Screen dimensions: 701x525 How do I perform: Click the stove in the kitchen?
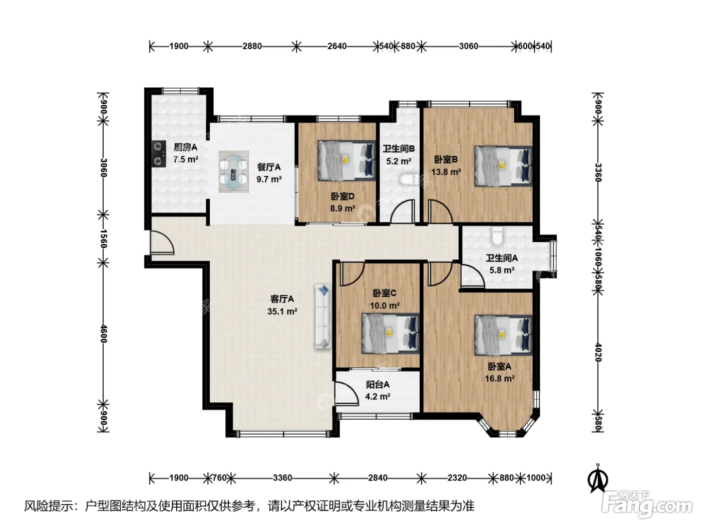[x=159, y=154]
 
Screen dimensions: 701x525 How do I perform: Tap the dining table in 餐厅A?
[x=233, y=172]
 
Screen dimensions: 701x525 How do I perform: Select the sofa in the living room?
[x=322, y=316]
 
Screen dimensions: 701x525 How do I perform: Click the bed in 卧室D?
[x=346, y=161]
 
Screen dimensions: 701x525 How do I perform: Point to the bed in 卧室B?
[x=503, y=166]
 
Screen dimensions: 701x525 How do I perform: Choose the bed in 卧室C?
[x=390, y=333]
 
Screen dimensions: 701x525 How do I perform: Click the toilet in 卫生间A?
[x=497, y=236]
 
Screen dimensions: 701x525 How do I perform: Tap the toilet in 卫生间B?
[x=409, y=179]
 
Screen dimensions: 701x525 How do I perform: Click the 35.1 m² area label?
[x=282, y=311]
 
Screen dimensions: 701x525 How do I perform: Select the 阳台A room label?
[x=378, y=384]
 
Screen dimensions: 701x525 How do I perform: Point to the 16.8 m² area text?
[x=500, y=378]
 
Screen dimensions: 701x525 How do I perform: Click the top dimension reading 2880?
[x=252, y=46]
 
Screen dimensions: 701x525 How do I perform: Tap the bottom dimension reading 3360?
[x=282, y=478]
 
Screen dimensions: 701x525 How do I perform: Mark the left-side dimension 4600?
[x=104, y=333]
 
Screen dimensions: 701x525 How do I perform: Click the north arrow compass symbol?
[x=597, y=478]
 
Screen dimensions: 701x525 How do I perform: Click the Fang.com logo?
[x=647, y=504]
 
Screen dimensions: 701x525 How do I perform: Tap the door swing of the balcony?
[x=347, y=393]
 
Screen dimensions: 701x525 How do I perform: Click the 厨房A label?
[x=186, y=147]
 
